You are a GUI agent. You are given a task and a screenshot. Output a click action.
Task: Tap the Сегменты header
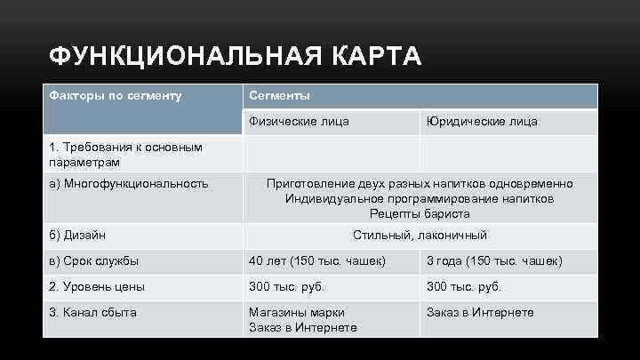(279, 95)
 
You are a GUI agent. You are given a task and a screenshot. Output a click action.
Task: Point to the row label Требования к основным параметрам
(126, 155)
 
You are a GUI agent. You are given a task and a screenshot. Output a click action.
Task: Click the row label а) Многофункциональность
(129, 184)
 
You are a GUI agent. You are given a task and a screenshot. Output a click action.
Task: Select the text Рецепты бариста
(420, 213)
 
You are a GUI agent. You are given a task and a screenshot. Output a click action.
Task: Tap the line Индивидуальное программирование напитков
(420, 198)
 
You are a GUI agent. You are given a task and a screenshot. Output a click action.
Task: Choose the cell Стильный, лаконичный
(420, 236)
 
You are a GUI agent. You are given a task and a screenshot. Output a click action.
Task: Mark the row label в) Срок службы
(94, 261)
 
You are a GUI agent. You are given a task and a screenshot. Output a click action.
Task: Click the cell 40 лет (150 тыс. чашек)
(317, 261)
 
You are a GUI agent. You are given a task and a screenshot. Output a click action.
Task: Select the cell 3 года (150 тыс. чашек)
(494, 261)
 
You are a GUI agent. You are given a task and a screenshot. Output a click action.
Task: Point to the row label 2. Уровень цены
(98, 287)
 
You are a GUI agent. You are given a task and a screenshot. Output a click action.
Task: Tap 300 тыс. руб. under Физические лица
(287, 287)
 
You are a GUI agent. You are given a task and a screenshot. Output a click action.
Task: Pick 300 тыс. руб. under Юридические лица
(464, 287)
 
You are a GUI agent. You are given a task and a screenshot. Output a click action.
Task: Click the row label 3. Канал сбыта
(93, 313)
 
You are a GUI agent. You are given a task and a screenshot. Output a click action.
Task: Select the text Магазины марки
(297, 313)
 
